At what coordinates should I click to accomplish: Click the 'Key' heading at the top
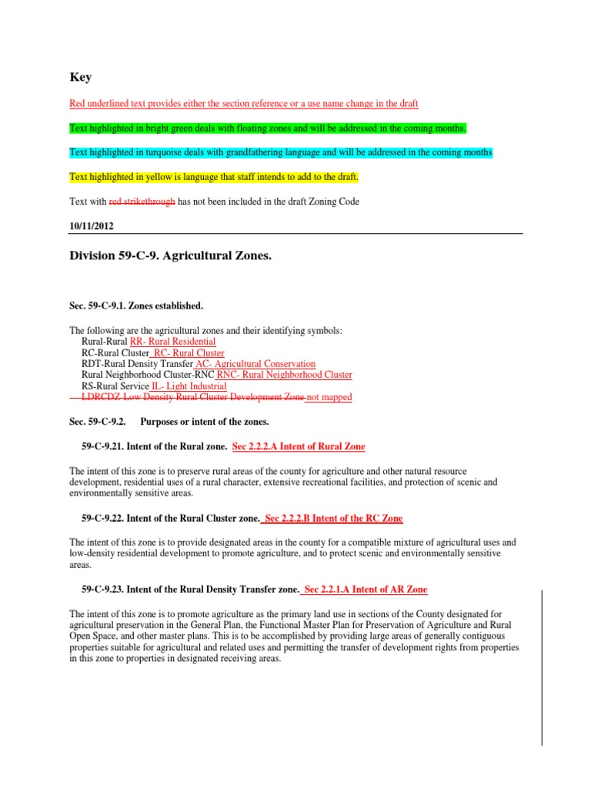[80, 77]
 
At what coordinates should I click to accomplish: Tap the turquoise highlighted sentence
[281, 152]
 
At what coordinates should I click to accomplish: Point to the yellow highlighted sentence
[214, 177]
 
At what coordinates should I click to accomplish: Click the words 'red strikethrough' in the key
[142, 202]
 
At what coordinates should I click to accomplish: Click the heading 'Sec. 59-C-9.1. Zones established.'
[136, 306]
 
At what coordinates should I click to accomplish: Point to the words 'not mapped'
[329, 397]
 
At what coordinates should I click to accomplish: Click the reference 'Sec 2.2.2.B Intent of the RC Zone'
[333, 518]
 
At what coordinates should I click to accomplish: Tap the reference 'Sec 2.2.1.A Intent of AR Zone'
[366, 589]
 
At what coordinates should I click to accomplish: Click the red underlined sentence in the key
[244, 103]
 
